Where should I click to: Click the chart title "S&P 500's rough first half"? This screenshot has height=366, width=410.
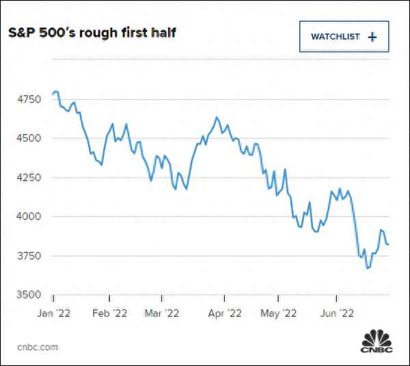(92, 33)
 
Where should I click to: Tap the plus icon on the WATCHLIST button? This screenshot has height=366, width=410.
(372, 37)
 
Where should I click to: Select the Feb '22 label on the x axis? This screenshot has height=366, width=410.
(109, 315)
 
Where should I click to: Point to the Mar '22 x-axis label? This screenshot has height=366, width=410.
(163, 315)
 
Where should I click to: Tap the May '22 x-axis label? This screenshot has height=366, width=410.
(278, 315)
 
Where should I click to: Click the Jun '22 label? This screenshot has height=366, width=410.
(336, 315)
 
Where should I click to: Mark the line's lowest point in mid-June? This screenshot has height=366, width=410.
(368, 268)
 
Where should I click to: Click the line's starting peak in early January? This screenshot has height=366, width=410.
(56, 91)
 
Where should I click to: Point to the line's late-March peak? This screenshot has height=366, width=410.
(216, 117)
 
